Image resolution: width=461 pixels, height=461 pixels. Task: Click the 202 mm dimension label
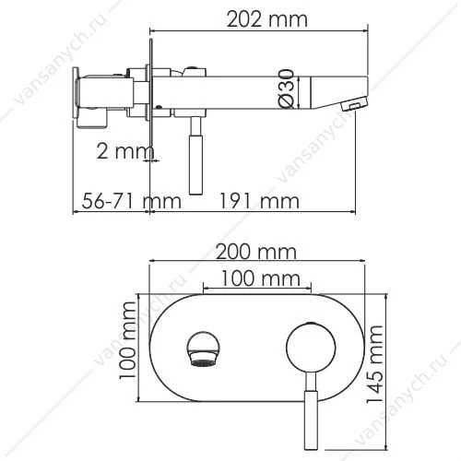click(266, 19)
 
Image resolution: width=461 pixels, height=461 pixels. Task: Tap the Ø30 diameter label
click(287, 89)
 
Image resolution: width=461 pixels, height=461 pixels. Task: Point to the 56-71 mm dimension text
click(131, 201)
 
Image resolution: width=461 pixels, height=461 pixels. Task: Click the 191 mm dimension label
click(259, 201)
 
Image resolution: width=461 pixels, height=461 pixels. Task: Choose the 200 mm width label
click(256, 252)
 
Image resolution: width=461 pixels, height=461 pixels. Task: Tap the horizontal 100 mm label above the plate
click(260, 278)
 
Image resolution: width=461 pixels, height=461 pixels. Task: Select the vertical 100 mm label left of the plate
click(127, 340)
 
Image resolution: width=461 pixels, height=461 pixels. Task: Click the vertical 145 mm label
click(375, 363)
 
